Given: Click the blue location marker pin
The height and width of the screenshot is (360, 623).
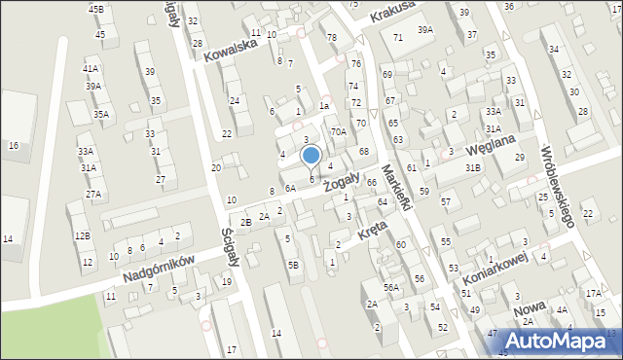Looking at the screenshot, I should (311, 156).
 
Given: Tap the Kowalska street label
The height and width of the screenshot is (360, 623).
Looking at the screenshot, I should (231, 49).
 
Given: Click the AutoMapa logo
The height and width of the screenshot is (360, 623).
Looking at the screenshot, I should (564, 341).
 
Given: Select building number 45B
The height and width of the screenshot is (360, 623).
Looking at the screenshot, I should (95, 9).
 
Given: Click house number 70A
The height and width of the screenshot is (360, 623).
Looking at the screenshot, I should (338, 131).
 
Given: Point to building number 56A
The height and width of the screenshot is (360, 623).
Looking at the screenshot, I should (390, 287).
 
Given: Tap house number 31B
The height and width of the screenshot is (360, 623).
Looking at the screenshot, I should (473, 167).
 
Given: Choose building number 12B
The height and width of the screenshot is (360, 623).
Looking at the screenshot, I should (83, 235).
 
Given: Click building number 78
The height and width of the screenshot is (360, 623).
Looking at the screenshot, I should (332, 37).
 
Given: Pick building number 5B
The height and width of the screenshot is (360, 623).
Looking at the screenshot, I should (293, 265).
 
